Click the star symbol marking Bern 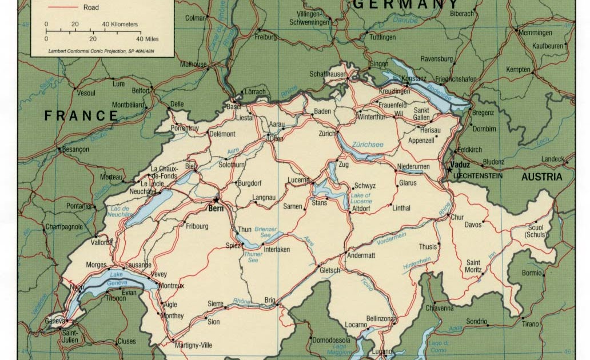click(x=216, y=200)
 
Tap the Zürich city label click(x=326, y=133)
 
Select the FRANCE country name click(x=81, y=116)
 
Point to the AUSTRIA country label click(x=541, y=177)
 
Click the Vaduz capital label click(x=460, y=165)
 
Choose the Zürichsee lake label click(x=368, y=145)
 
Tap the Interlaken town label click(x=276, y=250)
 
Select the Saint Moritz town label click(x=473, y=266)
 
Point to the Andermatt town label click(x=361, y=255)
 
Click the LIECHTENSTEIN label click(x=477, y=176)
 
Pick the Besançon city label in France click(x=75, y=149)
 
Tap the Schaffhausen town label click(x=329, y=74)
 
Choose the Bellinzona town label click(x=381, y=318)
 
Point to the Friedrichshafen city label click(x=456, y=79)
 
